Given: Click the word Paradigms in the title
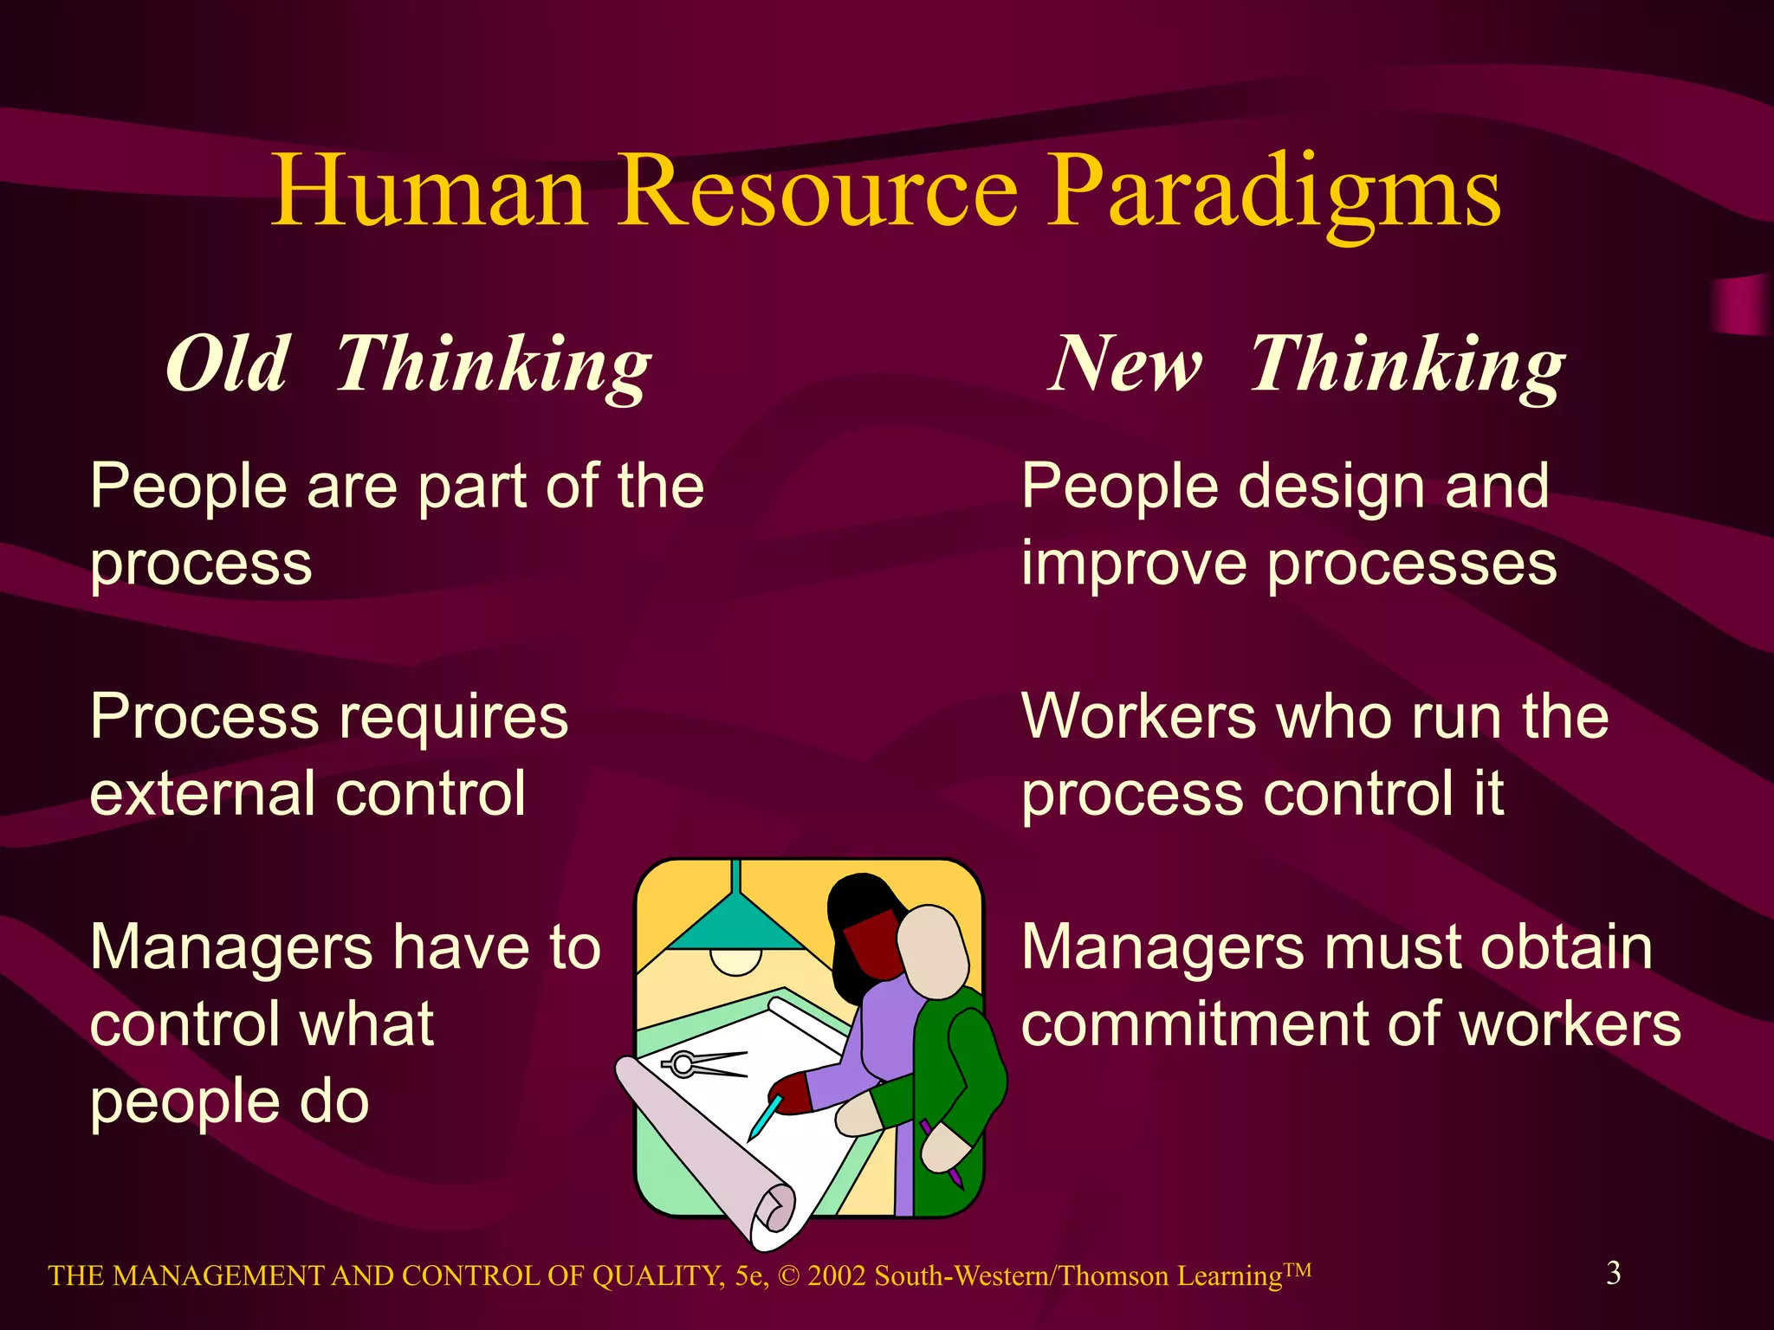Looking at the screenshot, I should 1273,192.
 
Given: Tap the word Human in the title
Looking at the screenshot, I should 429,192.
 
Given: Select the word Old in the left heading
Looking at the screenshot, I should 227,364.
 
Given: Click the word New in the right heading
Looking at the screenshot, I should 1126,364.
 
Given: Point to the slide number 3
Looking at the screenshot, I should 1613,1272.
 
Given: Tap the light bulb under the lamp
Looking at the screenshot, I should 736,961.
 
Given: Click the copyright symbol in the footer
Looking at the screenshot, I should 788,1276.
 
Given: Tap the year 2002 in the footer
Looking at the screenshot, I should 836,1276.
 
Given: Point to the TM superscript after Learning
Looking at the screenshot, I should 1297,1270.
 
